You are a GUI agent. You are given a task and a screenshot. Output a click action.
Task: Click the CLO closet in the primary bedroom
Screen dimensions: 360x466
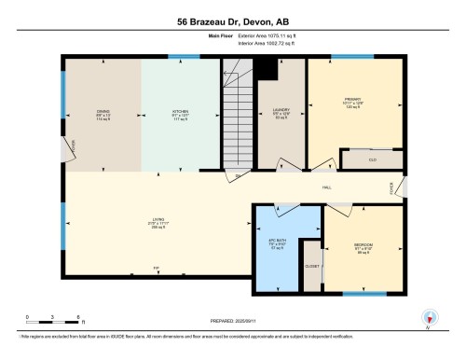coord(371,159)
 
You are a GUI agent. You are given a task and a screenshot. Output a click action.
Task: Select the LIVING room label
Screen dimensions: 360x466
coord(157,221)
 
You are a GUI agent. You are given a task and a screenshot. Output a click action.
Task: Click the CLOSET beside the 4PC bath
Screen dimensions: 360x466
coord(312,266)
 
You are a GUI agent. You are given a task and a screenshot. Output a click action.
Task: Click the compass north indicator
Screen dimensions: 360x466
coord(429,318)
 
